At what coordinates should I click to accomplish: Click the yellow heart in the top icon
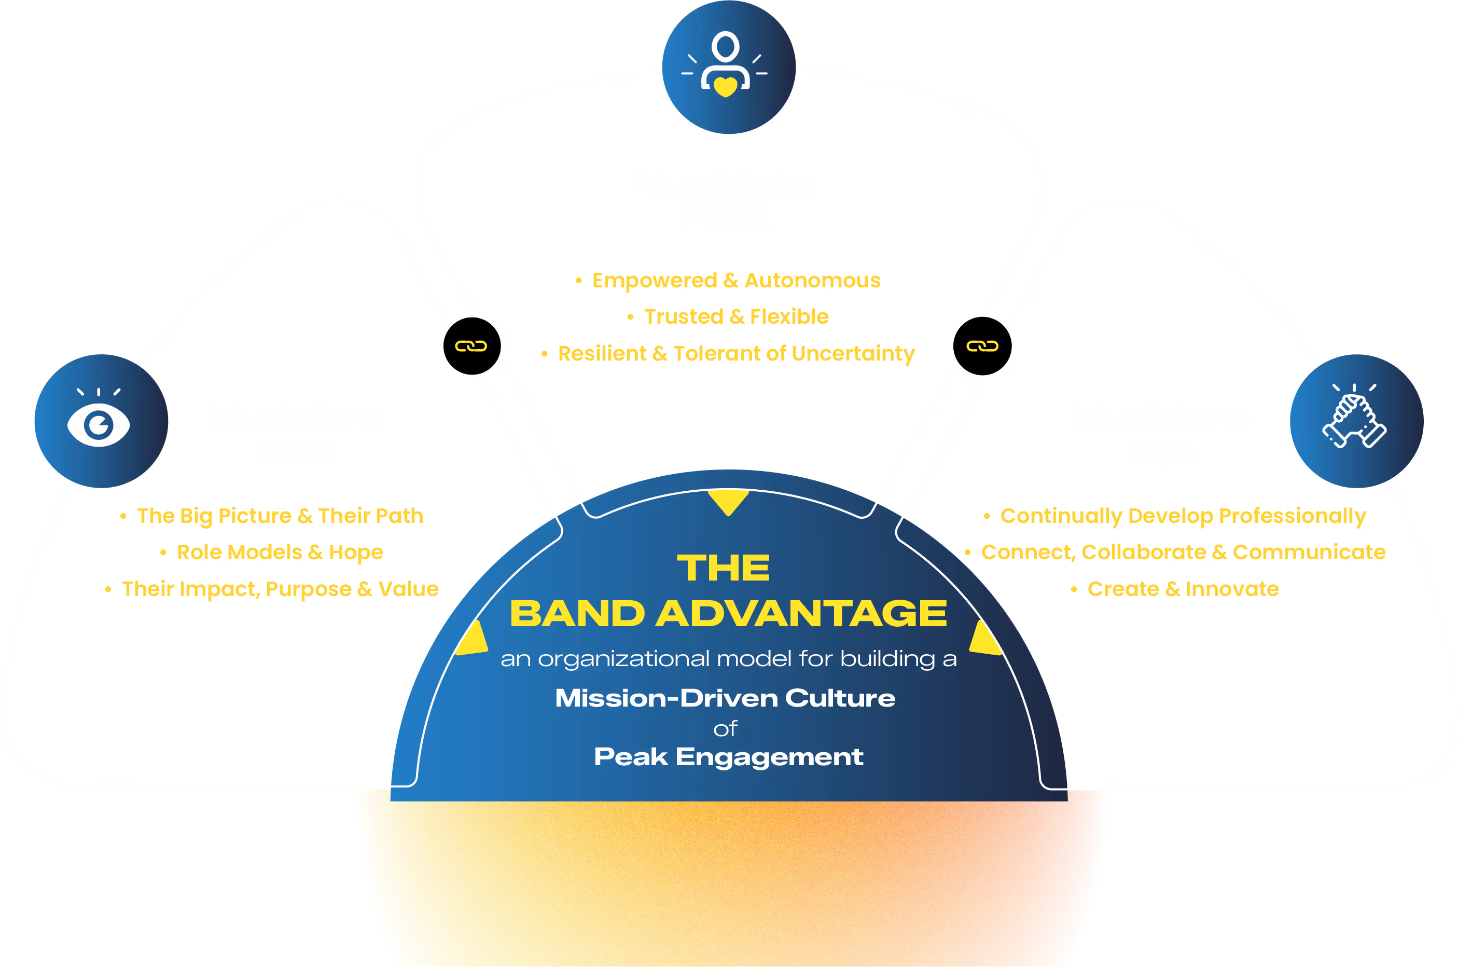pos(726,86)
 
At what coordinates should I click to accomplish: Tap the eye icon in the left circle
pos(99,424)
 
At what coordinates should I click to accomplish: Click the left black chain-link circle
pos(471,346)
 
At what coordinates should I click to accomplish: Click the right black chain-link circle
pos(982,346)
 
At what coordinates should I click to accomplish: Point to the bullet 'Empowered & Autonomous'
pos(735,281)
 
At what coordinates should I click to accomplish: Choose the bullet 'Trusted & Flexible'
pos(736,317)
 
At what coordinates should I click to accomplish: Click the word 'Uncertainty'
pos(853,353)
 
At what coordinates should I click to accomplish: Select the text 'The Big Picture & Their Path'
pos(280,516)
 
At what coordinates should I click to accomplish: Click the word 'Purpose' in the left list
pos(308,589)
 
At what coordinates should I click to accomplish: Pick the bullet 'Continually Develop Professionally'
pos(1183,516)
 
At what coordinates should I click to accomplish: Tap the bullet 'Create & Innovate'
pos(1183,589)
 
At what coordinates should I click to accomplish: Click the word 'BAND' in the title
pos(577,614)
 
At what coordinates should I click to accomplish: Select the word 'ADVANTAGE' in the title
pos(801,614)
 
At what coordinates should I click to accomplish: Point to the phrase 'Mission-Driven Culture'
pos(725,698)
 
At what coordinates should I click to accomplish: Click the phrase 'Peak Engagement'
pos(728,757)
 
